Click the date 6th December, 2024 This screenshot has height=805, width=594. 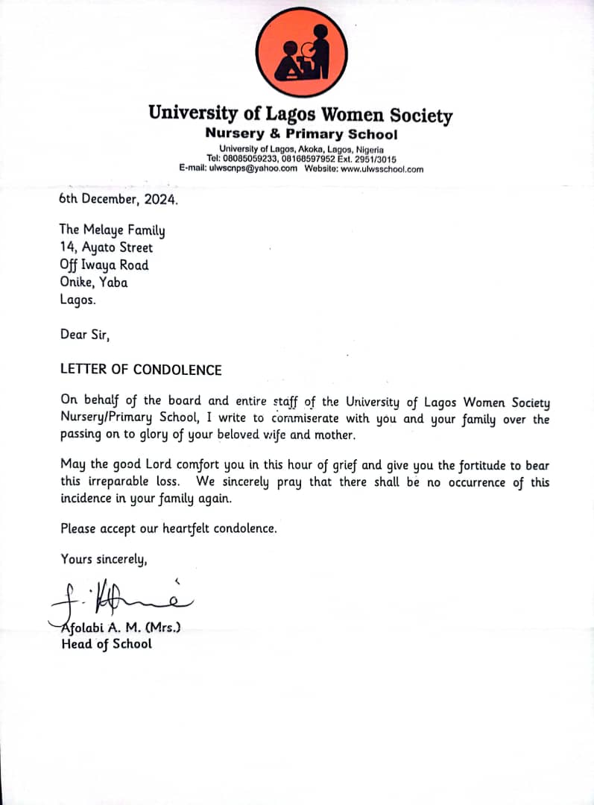point(119,199)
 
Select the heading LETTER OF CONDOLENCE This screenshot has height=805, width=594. point(141,370)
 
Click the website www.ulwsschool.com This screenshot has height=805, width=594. point(382,168)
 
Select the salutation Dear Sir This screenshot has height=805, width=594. point(84,335)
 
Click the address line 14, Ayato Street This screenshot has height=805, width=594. point(106,247)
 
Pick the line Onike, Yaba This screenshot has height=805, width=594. point(93,282)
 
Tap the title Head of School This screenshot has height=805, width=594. point(106,644)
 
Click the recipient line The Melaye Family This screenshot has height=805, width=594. point(112,230)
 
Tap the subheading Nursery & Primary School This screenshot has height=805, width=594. point(301,135)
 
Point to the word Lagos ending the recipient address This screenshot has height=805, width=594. point(78,300)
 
